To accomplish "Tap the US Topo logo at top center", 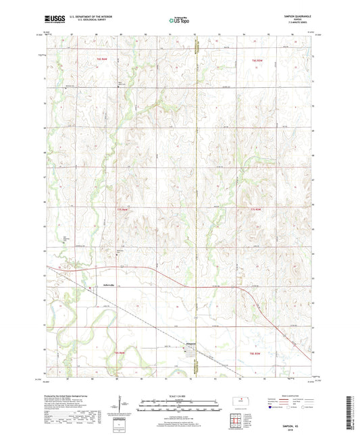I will coord(178,21).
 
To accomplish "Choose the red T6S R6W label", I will coord(94,61).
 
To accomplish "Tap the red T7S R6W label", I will coord(122,210).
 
